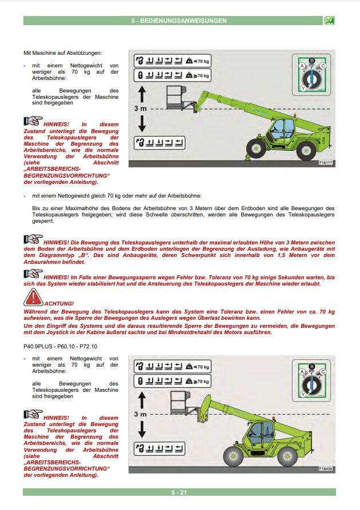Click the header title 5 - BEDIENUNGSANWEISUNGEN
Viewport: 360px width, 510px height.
(178, 21)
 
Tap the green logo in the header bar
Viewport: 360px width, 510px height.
(329, 21)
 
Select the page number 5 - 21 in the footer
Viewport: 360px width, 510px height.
(179, 492)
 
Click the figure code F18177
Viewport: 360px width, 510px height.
(326, 163)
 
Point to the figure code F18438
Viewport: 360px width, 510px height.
(326, 468)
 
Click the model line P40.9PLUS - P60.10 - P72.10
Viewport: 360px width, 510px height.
(61, 346)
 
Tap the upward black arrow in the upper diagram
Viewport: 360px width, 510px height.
(142, 94)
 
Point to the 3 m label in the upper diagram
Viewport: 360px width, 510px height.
(140, 108)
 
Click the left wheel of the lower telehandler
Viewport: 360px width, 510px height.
(234, 455)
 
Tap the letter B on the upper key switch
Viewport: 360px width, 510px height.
(311, 60)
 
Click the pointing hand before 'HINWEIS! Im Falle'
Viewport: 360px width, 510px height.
(33, 276)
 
